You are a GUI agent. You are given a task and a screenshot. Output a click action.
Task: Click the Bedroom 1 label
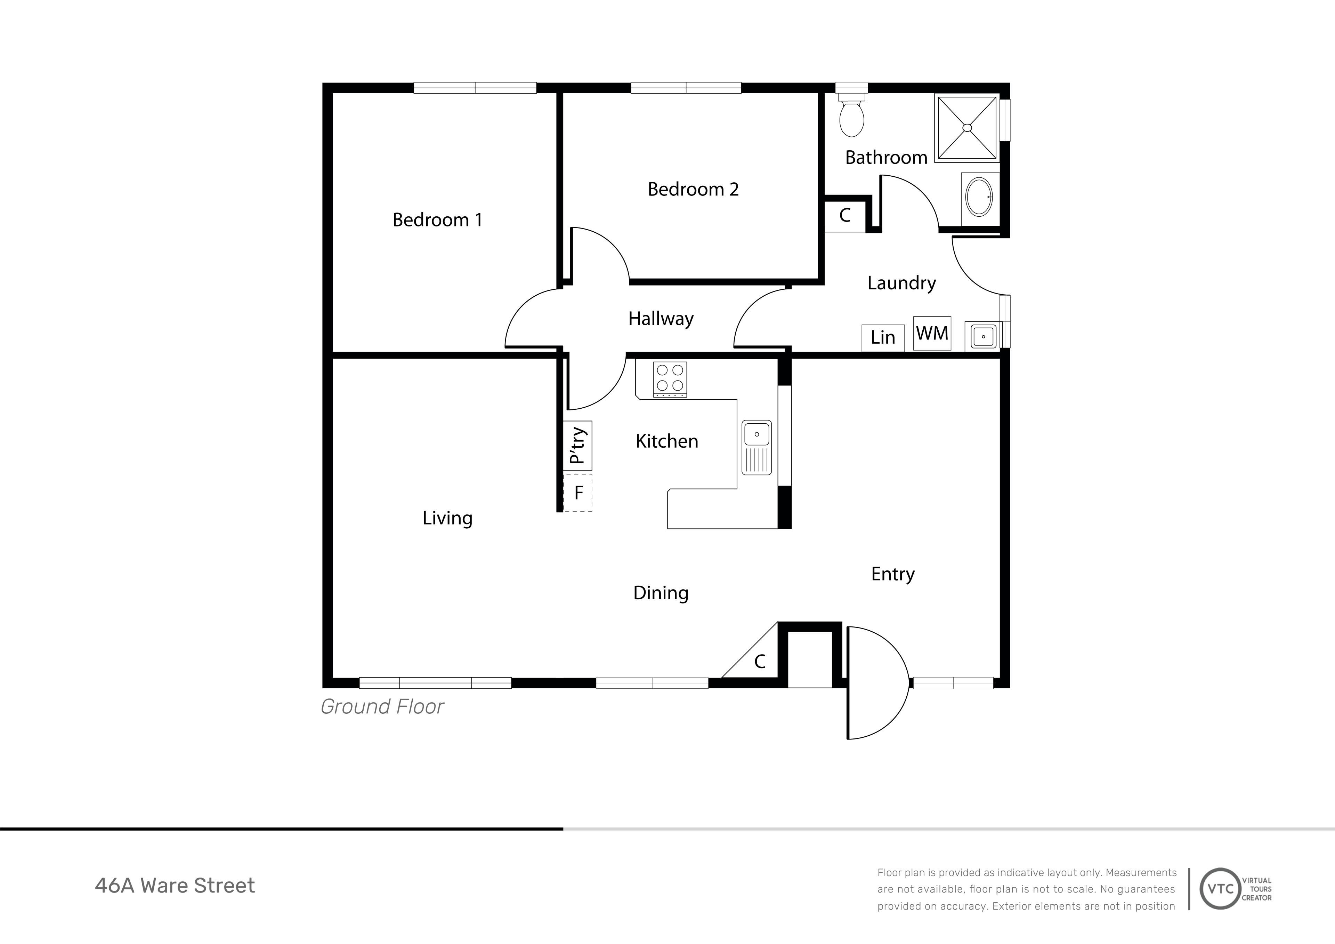[437, 220]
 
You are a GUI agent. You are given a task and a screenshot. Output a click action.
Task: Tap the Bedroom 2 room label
[693, 189]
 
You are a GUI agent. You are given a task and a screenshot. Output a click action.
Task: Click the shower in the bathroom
[967, 127]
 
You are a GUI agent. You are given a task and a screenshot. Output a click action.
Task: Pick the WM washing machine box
[932, 333]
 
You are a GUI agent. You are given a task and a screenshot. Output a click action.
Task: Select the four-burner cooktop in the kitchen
[670, 379]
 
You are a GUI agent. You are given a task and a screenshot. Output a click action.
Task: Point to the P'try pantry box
[577, 446]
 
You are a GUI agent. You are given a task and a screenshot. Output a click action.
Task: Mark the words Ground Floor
[382, 707]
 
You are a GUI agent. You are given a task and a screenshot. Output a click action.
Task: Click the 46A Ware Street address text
[175, 885]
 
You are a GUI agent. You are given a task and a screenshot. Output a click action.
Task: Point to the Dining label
[661, 593]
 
